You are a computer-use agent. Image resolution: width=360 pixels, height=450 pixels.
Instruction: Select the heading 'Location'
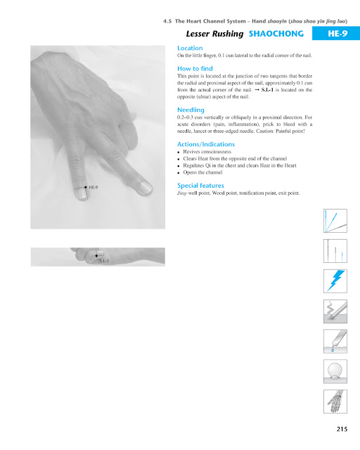tap(190, 48)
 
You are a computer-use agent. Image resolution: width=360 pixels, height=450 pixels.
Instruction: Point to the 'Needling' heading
tap(191, 110)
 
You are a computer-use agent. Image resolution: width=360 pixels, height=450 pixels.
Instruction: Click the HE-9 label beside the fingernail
tap(93, 188)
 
